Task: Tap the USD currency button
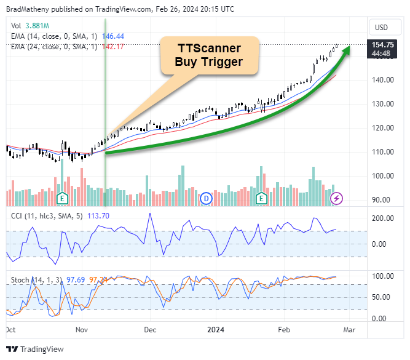[382, 27]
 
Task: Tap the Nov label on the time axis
[82, 329]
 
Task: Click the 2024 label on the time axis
[216, 329]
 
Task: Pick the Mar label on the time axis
[350, 329]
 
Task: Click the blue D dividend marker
[206, 198]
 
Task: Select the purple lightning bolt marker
[337, 198]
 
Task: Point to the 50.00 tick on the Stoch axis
[382, 297]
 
